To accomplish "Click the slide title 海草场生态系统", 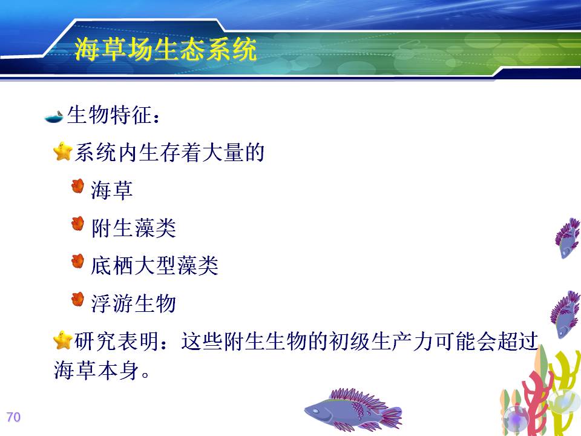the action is coord(165,49).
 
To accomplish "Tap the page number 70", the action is coord(13,417).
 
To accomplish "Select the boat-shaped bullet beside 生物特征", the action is coord(54,116).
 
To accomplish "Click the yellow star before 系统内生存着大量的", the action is coord(62,151).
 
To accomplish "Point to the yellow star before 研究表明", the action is coord(62,340).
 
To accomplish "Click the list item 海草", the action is coord(111,191).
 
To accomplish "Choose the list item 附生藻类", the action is coord(133,228).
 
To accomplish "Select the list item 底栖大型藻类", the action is coord(154,265).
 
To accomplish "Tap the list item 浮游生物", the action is coord(133,303).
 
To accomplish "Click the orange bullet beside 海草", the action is coord(78,186).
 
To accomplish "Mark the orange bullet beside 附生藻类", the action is coord(78,224).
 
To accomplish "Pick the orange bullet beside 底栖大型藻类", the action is coord(78,262).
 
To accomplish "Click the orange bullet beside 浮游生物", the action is coord(78,300).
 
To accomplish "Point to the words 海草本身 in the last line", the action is coord(96,370).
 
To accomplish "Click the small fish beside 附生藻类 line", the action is coord(567,237).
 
